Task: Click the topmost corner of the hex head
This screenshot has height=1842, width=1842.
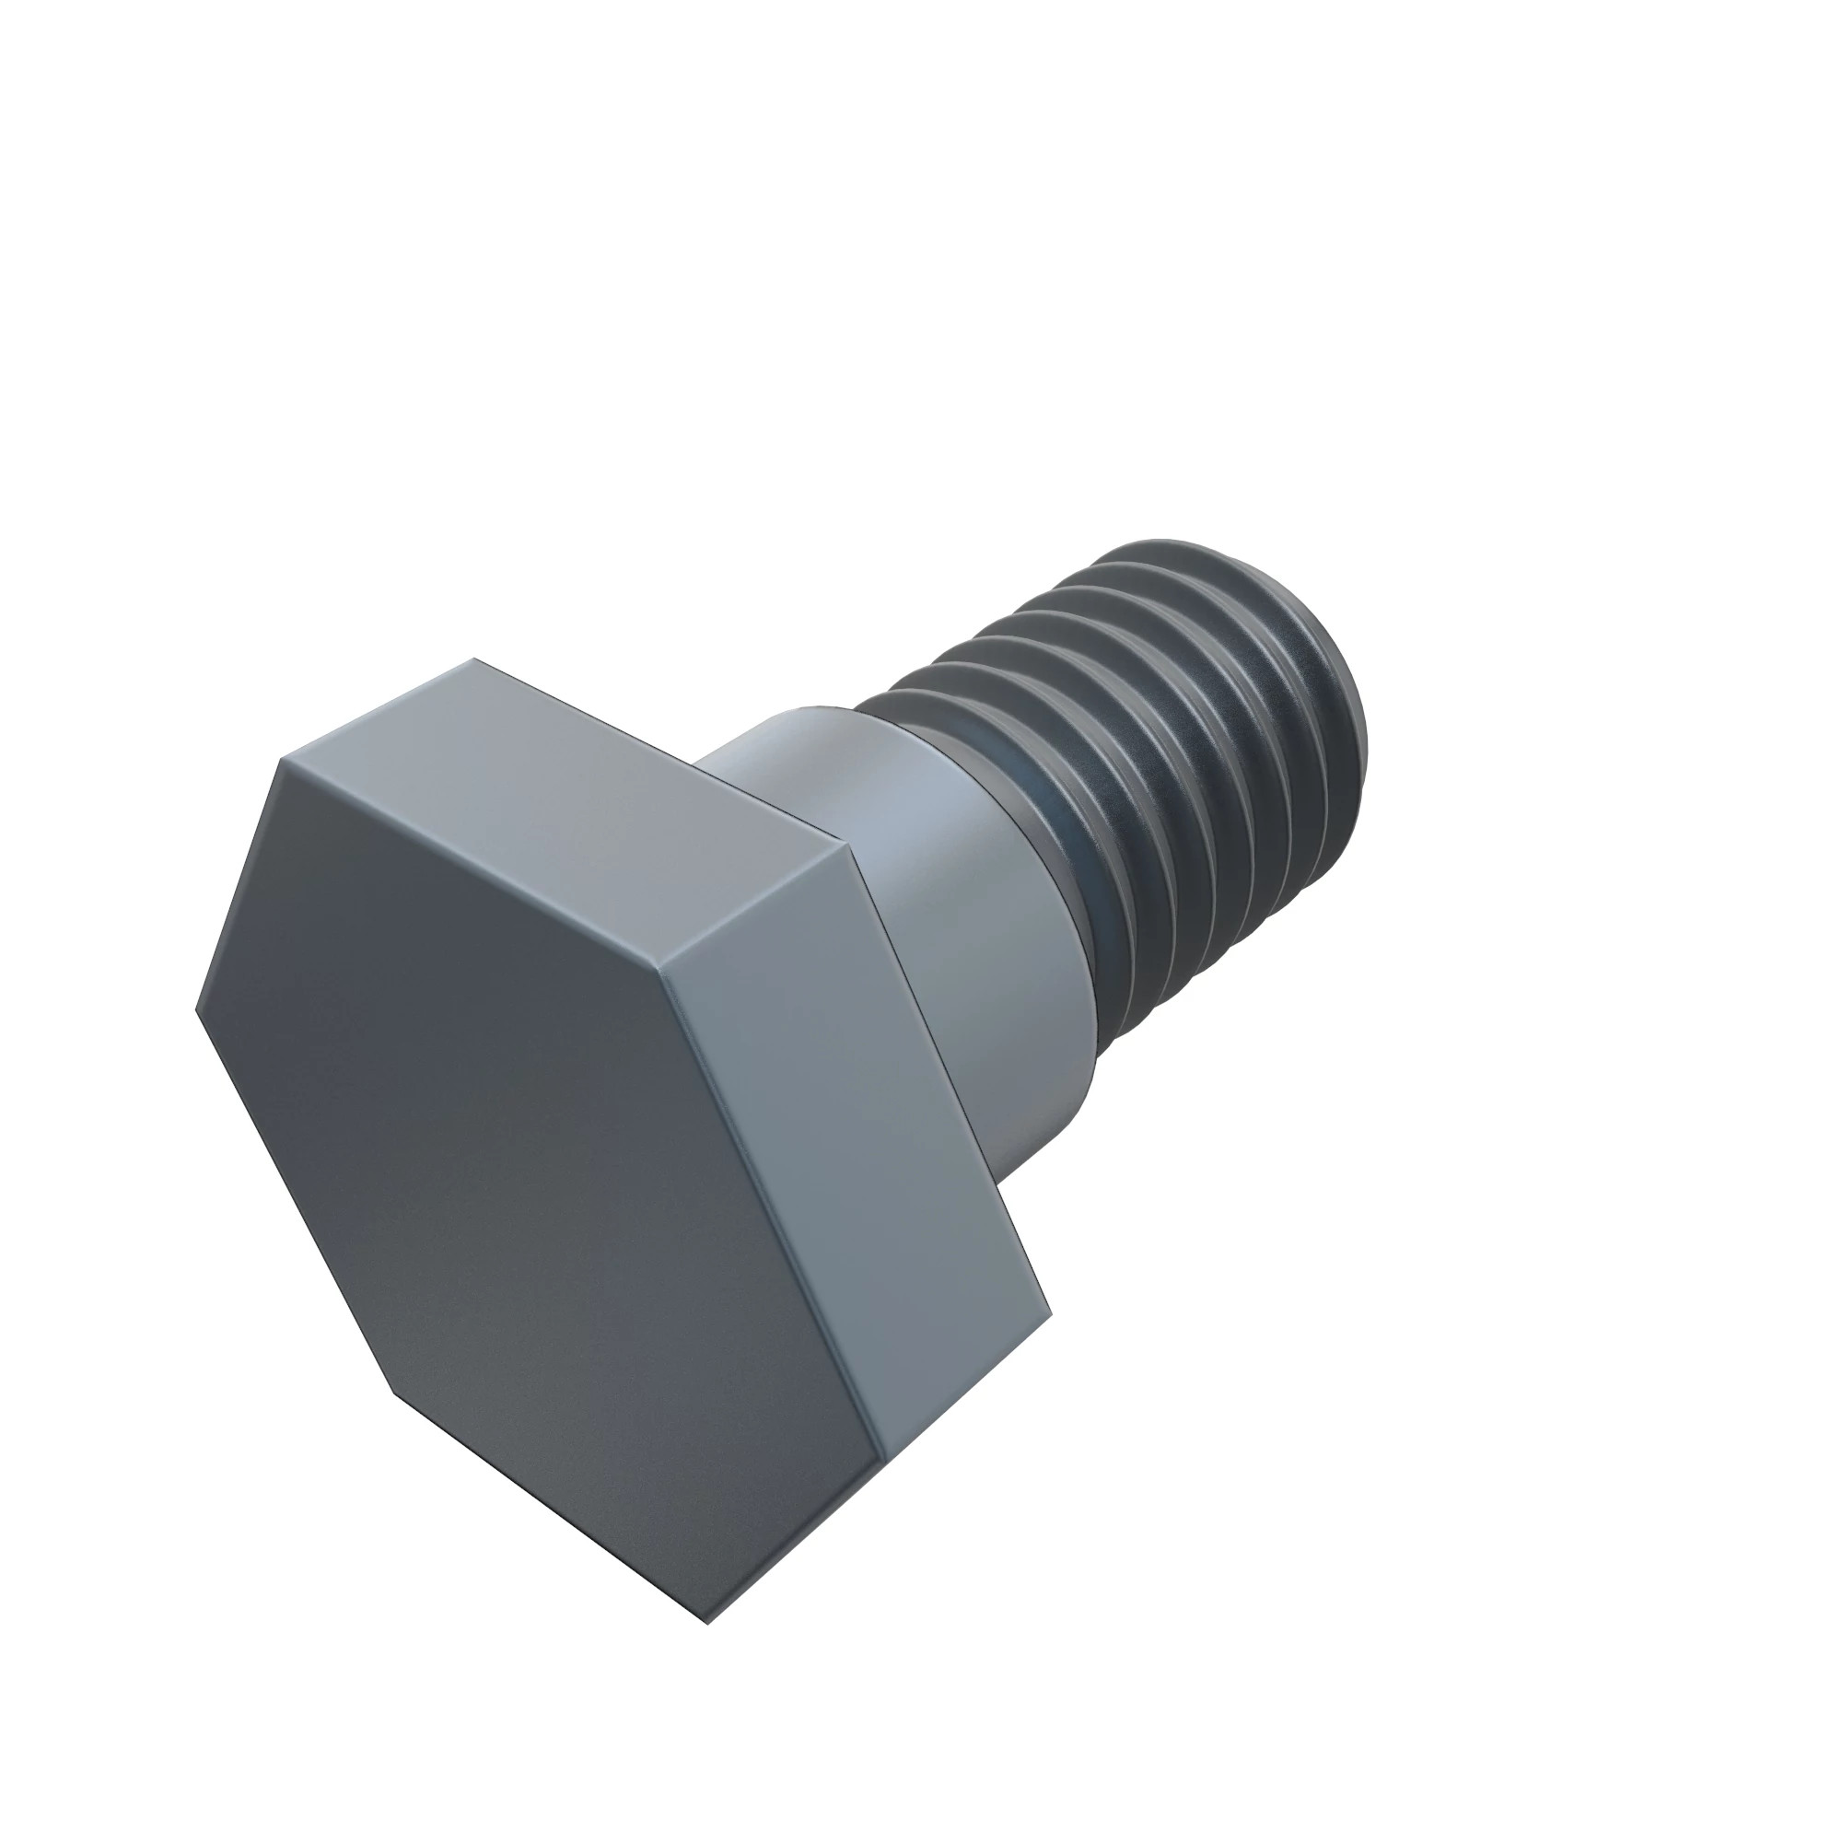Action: [473, 659]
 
